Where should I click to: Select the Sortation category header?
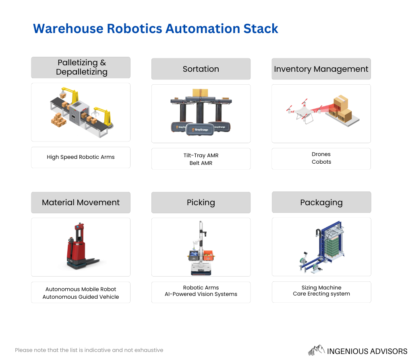click(x=201, y=69)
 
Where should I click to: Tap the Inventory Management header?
click(x=321, y=69)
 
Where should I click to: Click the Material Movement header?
click(x=81, y=202)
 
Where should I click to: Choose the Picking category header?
click(x=201, y=202)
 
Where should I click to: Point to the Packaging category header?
click(x=321, y=202)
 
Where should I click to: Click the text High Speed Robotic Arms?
click(x=81, y=157)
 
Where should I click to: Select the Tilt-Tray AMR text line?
click(x=201, y=156)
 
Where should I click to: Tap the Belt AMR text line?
click(x=201, y=163)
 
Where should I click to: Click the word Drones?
click(x=321, y=154)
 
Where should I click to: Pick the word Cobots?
click(x=321, y=162)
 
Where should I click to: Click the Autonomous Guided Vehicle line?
click(x=81, y=297)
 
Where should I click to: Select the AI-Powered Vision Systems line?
click(x=201, y=294)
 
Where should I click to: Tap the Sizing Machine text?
click(x=321, y=287)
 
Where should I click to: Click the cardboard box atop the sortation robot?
click(x=200, y=93)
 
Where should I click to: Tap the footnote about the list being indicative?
click(x=89, y=350)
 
